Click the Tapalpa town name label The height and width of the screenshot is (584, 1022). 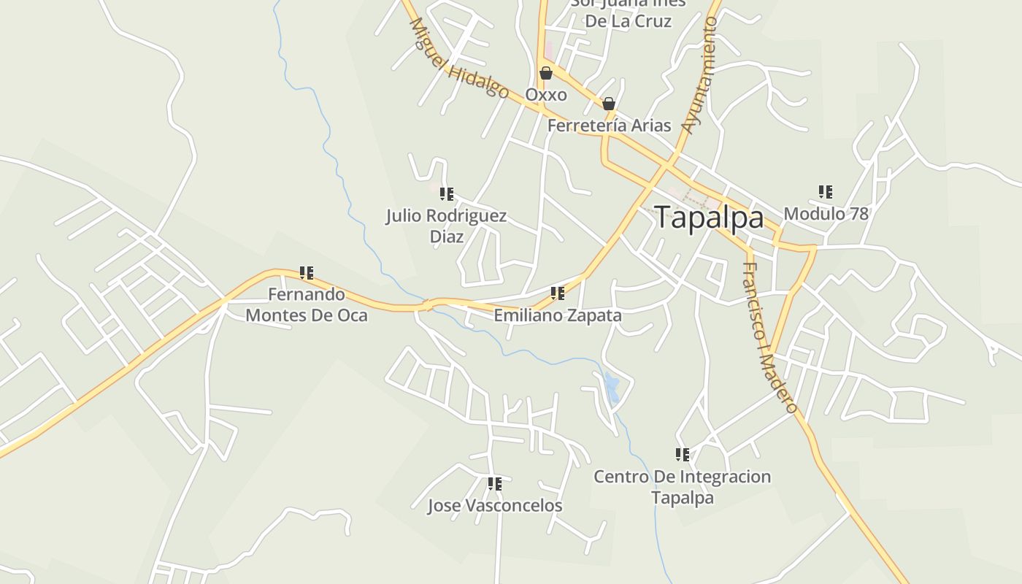709,218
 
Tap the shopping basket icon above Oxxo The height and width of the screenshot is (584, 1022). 545,73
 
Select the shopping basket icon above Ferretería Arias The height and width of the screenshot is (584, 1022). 609,104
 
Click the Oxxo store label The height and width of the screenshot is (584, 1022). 546,95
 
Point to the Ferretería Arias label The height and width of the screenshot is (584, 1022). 609,126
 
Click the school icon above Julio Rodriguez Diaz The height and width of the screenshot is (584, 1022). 447,194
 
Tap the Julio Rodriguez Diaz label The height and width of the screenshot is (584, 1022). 446,226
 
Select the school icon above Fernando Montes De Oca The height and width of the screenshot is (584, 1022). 307,273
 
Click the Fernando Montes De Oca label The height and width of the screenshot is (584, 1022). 307,304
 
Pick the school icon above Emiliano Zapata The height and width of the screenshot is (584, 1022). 558,293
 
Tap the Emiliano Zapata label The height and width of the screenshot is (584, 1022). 558,315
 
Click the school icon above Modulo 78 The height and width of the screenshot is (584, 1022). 826,192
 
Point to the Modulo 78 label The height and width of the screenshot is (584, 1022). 826,214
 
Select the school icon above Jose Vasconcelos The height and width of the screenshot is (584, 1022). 495,483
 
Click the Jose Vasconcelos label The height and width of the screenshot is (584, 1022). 495,505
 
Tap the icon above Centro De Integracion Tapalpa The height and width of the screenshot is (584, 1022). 683,455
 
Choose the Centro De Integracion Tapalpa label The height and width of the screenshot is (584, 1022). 682,487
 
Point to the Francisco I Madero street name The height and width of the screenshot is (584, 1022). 769,337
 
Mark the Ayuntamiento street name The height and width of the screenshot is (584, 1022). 700,75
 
